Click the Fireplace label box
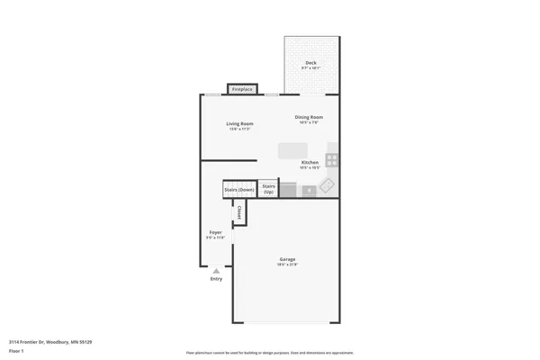[242, 89]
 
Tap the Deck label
[311, 63]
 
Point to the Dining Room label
[309, 117]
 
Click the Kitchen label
[309, 163]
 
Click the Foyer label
[216, 232]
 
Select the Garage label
[287, 259]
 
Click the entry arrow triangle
[216, 269]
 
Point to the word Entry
[216, 279]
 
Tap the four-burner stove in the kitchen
[332, 160]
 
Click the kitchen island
[292, 149]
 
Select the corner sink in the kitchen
[328, 185]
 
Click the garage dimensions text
[287, 265]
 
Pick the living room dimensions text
[239, 129]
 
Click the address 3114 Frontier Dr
[50, 342]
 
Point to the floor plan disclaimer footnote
[269, 353]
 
